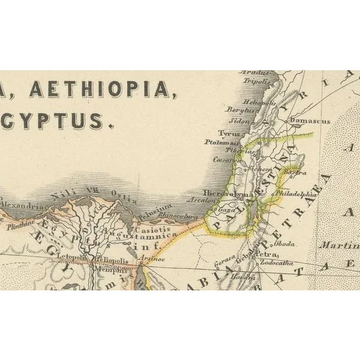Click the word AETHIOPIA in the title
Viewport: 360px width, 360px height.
tap(99, 89)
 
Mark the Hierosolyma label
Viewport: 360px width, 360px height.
tap(225, 194)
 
